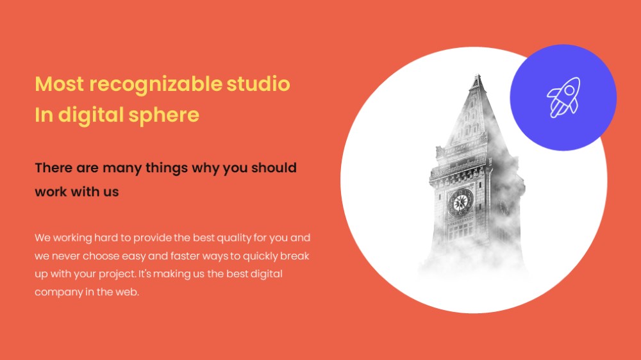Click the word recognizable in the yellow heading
tap(156, 85)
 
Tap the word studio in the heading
tap(258, 83)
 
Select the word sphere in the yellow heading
tap(164, 115)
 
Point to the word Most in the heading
tap(60, 84)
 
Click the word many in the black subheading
tap(122, 168)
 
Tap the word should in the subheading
tap(274, 168)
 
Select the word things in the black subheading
tap(167, 168)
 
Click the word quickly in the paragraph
tap(260, 257)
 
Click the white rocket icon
tap(563, 97)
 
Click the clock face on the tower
tap(461, 202)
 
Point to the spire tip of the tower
tap(477, 75)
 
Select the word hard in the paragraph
tap(102, 238)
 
